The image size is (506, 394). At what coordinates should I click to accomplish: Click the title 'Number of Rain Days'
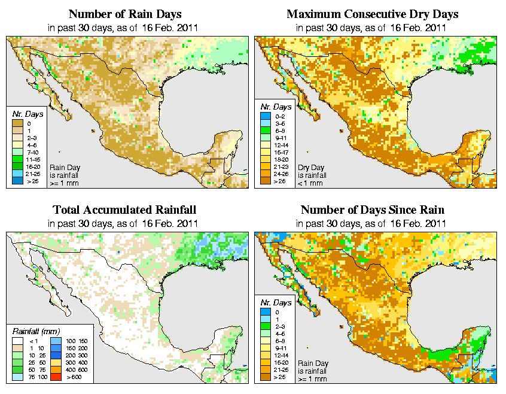coord(126,14)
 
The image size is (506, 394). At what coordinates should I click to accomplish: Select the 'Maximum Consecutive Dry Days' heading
coord(373,14)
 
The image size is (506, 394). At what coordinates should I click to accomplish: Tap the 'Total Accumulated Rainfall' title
coord(125,210)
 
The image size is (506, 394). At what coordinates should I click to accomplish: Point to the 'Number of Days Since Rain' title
coord(372,210)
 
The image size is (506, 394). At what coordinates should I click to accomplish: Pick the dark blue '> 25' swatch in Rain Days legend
coord(17,180)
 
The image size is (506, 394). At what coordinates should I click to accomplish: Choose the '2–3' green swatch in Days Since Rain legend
coord(265,326)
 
